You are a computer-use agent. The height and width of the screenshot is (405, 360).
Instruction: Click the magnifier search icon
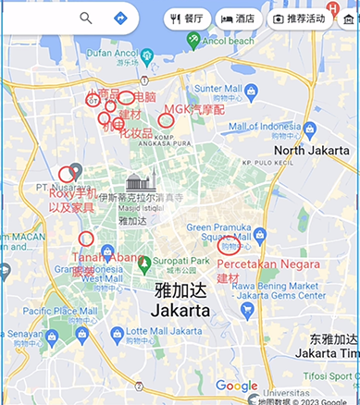pyautogui.click(x=86, y=18)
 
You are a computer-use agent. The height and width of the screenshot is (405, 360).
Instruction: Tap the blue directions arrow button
pyautogui.click(x=120, y=18)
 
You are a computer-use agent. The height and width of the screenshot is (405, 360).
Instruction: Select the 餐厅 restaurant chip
pyautogui.click(x=188, y=18)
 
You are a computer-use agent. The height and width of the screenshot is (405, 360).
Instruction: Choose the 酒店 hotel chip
pyautogui.click(x=238, y=18)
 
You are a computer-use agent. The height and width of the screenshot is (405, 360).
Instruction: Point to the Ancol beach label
pyautogui.click(x=229, y=42)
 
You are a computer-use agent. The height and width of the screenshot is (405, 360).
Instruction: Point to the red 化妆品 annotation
pyautogui.click(x=135, y=133)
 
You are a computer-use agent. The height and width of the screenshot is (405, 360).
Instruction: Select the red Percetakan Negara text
pyautogui.click(x=262, y=264)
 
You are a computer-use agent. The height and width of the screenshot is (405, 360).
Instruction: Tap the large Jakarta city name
pyautogui.click(x=180, y=309)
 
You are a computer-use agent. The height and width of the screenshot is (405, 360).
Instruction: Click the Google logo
pyautogui.click(x=236, y=387)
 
